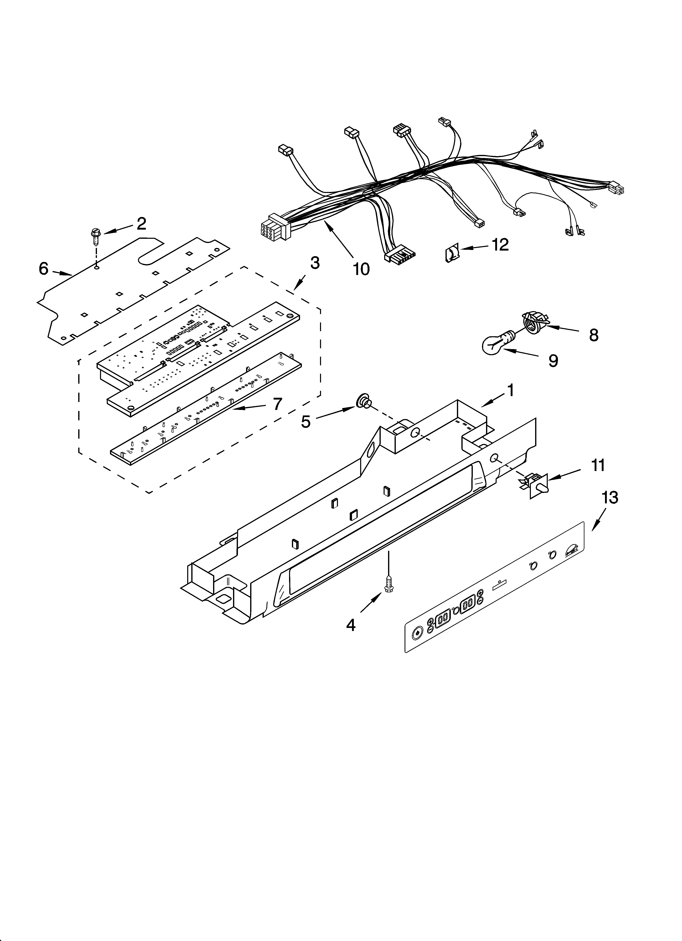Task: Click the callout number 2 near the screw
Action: coord(141,224)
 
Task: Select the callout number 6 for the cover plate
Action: coord(44,269)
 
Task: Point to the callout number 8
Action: coord(594,335)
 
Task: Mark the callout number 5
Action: coord(306,422)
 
